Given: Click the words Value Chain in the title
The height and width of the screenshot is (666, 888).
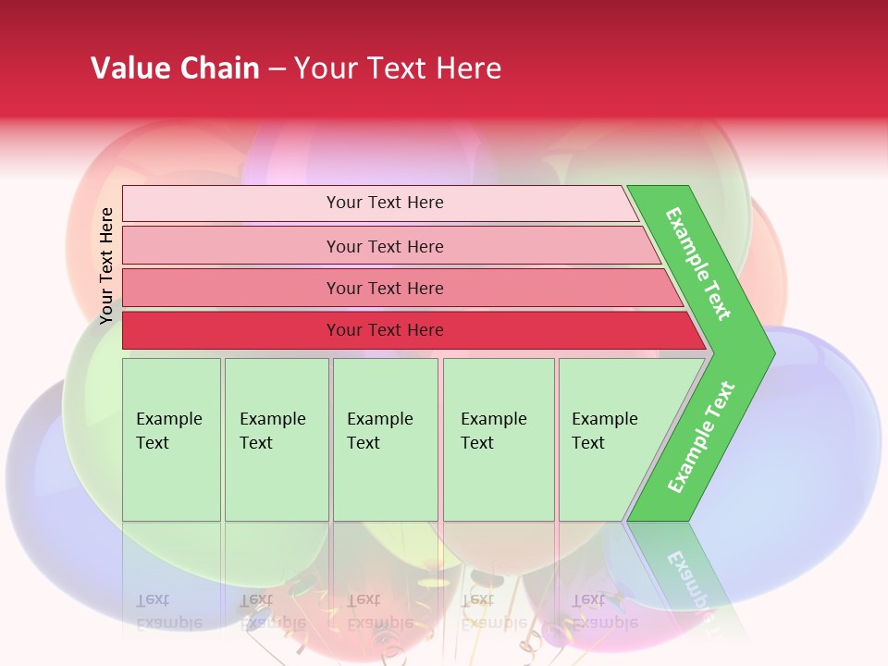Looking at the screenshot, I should click(x=175, y=68).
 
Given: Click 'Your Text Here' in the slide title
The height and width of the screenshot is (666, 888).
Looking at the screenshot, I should click(x=398, y=68).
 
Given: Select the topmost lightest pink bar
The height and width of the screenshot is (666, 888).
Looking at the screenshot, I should click(x=231, y=203).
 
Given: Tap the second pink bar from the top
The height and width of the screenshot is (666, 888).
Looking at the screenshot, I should click(x=231, y=246).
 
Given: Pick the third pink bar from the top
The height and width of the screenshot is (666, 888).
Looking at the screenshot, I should click(x=231, y=288).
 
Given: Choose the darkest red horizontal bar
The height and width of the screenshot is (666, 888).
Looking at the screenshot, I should click(x=231, y=330).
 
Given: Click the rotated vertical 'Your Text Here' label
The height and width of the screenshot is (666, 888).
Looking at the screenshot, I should click(x=106, y=265).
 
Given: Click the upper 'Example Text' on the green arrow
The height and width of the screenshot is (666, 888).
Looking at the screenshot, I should click(x=698, y=264).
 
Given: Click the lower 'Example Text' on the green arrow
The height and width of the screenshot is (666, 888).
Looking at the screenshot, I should click(x=701, y=437).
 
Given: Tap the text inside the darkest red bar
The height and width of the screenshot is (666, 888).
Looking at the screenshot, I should click(x=385, y=330).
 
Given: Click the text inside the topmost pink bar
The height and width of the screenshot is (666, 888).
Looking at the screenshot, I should click(x=385, y=203).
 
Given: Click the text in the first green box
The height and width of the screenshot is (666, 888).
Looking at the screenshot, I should click(x=168, y=431).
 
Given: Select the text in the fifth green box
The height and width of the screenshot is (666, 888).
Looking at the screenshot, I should click(x=604, y=431).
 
